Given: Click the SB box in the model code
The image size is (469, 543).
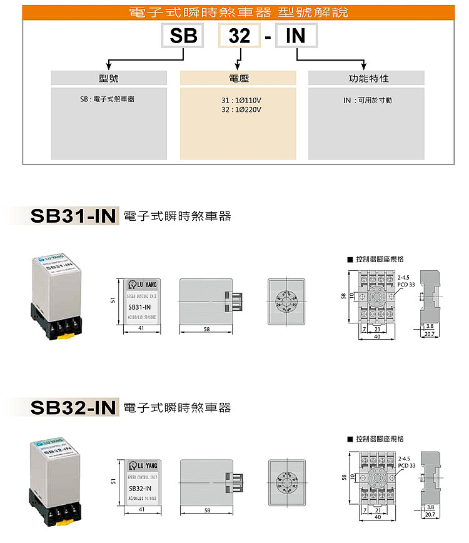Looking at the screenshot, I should point(183,36).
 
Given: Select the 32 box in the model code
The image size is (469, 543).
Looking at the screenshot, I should point(239,36).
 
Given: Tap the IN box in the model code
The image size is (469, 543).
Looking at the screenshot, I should point(295,36).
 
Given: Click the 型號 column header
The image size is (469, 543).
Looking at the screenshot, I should point(109,78).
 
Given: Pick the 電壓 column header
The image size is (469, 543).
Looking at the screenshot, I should point(238,78).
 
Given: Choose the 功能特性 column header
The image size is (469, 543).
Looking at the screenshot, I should point(366,78).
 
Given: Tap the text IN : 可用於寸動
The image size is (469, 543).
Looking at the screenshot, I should point(368,100).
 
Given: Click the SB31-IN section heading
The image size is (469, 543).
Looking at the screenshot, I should point(73,216).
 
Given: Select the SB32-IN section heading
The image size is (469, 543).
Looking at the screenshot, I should point(73,408).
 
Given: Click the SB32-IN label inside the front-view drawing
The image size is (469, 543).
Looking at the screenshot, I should point(139,489).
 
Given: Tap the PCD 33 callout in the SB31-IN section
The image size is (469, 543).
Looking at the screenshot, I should point(406,283).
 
